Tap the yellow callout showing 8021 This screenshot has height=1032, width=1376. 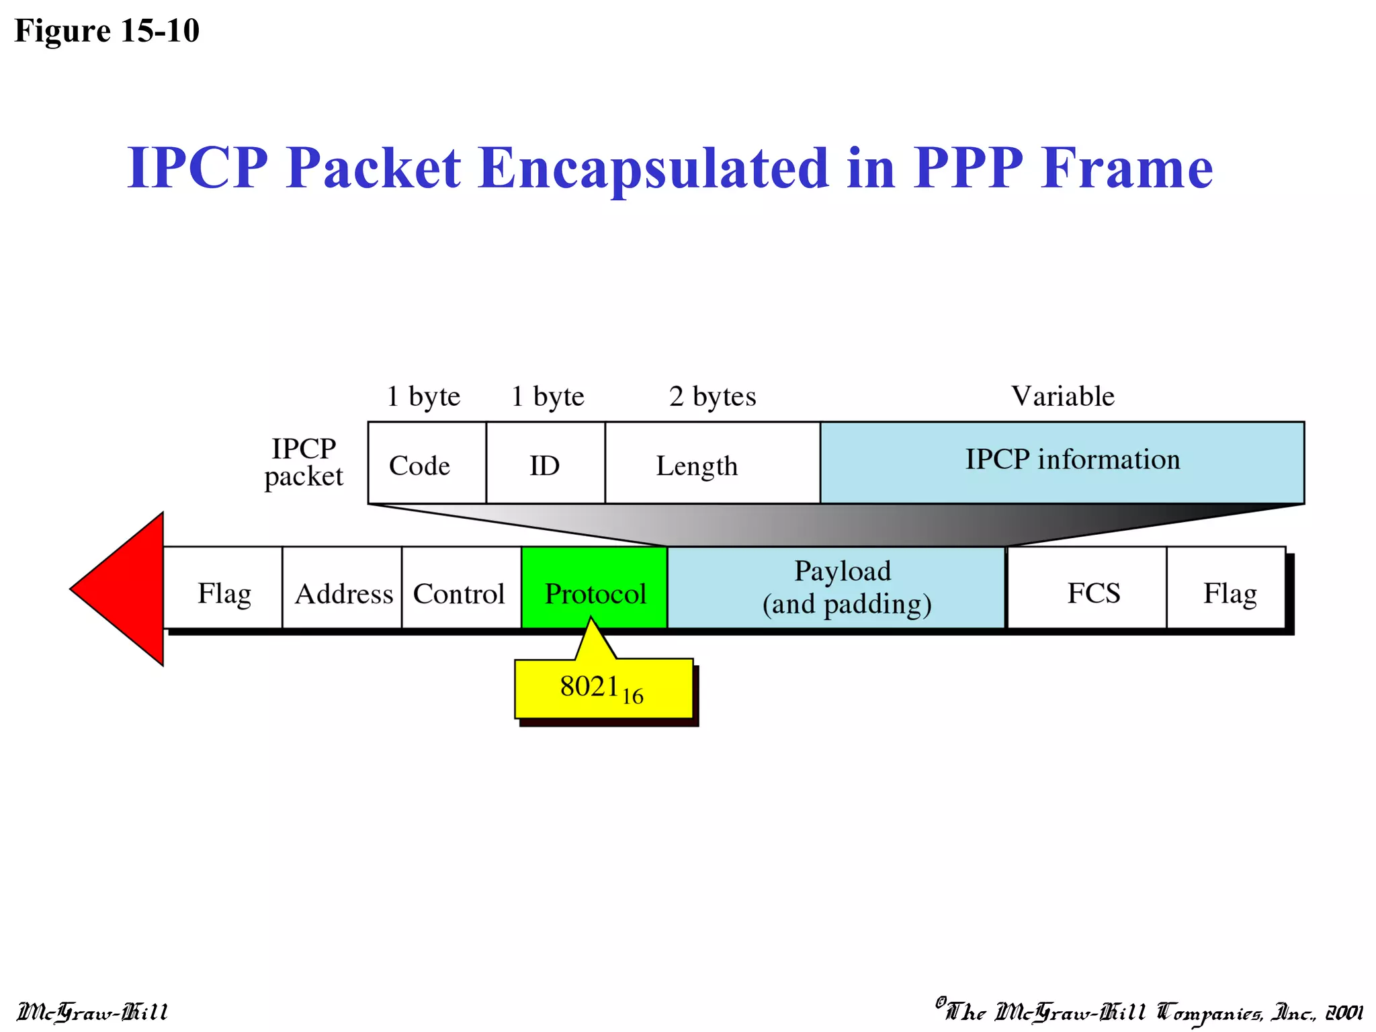(603, 688)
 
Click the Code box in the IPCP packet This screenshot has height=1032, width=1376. (427, 464)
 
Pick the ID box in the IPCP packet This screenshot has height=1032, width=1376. (545, 464)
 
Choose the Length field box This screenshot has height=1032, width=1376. (712, 464)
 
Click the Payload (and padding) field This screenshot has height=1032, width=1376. (836, 588)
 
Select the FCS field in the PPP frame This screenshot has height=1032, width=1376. (1086, 588)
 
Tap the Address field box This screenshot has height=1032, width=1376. (342, 588)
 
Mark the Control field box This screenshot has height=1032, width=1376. (461, 588)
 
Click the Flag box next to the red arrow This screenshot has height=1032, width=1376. (223, 588)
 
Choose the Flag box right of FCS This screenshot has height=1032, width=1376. (1226, 588)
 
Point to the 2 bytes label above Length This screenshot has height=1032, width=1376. (712, 396)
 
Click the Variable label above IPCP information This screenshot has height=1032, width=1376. (1062, 396)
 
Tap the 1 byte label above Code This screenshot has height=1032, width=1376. (423, 396)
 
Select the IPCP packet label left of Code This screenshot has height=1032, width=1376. (304, 462)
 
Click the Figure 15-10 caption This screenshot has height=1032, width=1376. (107, 31)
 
